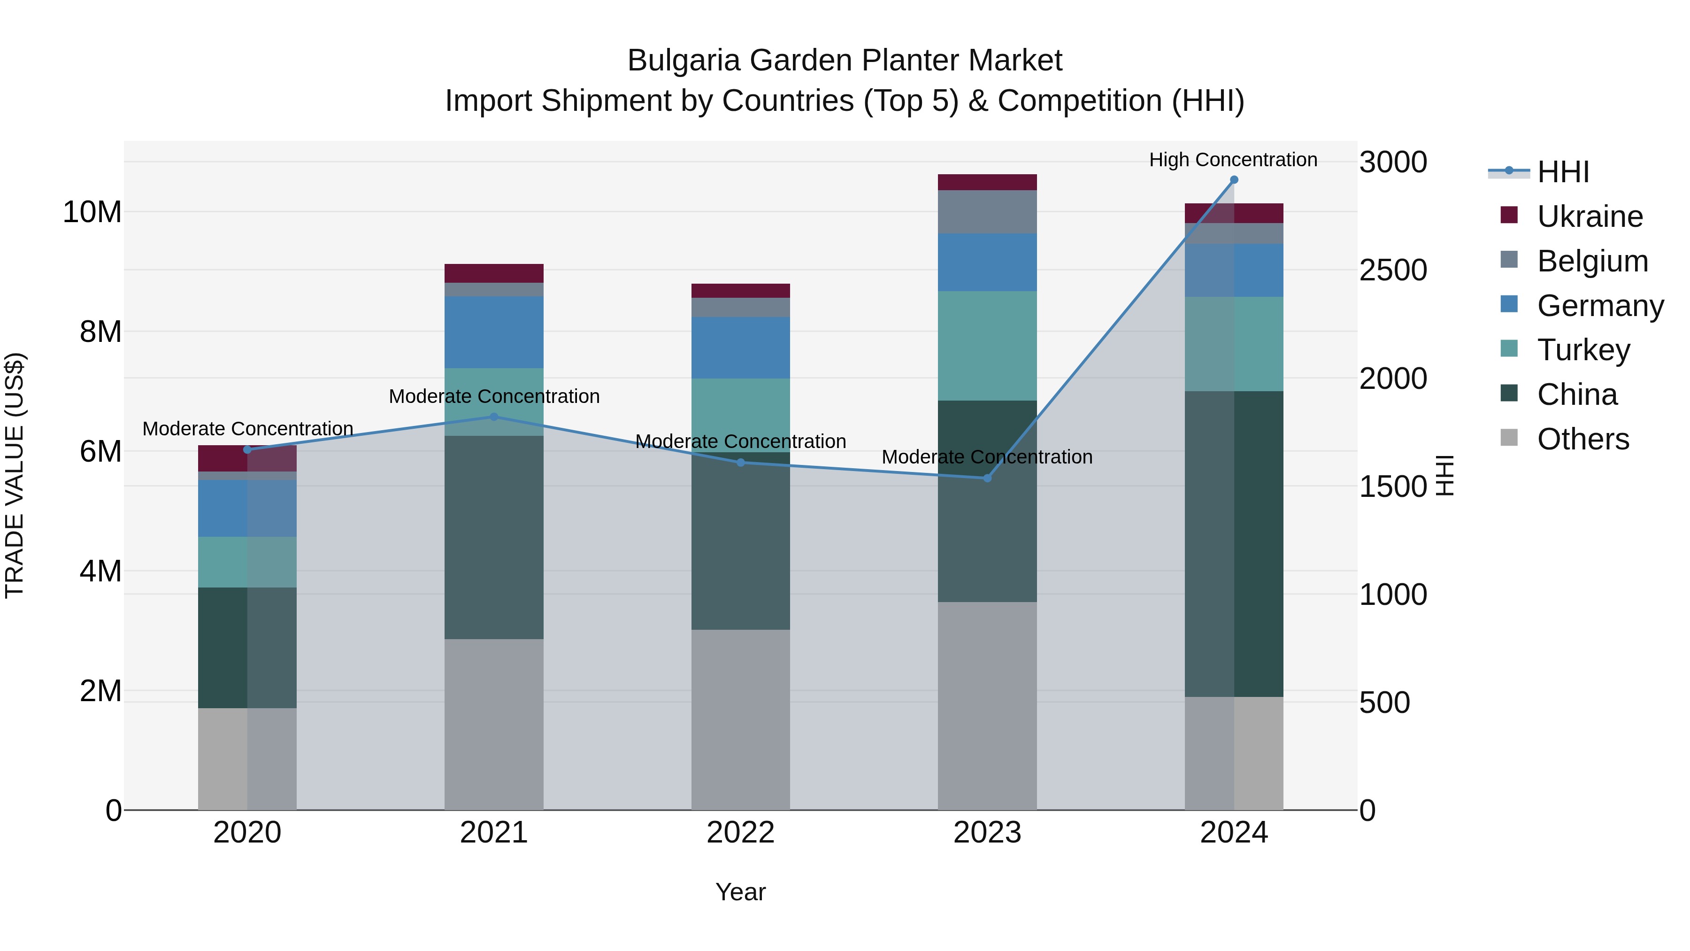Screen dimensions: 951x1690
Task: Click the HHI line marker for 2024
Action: pos(1233,180)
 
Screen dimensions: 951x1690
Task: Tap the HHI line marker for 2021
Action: pos(494,417)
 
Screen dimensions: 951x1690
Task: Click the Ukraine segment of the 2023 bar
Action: pos(987,183)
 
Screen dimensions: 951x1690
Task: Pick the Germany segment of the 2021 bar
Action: pos(494,332)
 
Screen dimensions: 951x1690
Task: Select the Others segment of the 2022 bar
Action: pos(741,719)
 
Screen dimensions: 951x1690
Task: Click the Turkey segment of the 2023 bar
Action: pos(987,346)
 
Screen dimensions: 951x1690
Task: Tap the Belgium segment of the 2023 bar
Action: pos(987,212)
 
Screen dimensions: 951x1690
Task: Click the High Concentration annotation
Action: pos(1233,160)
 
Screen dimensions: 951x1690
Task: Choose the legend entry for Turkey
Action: pos(1582,350)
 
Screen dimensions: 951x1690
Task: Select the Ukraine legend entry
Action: pos(1589,216)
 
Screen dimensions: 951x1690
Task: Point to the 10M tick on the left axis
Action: pos(92,212)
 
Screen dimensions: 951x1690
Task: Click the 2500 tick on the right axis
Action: pos(1393,271)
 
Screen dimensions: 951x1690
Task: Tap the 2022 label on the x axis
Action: pos(741,833)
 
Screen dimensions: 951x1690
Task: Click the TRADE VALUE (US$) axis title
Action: pos(15,475)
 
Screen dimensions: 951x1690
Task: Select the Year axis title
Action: pos(741,892)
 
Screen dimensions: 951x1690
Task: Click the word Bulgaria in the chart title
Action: pos(684,61)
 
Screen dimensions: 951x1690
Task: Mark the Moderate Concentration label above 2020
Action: pos(247,429)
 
